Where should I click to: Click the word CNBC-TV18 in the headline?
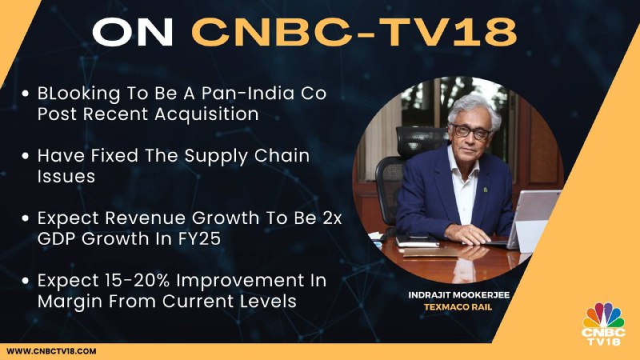point(354,32)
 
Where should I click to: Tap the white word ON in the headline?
point(133,32)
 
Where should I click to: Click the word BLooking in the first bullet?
point(78,94)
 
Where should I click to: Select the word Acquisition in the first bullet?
point(206,114)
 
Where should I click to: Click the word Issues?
point(66,176)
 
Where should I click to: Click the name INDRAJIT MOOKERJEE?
point(458,295)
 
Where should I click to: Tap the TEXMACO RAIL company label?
point(458,307)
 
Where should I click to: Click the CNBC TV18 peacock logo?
point(603,324)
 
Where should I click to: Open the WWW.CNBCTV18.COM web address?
point(51,351)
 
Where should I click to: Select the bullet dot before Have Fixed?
point(26,156)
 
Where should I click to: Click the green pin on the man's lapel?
point(485,190)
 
